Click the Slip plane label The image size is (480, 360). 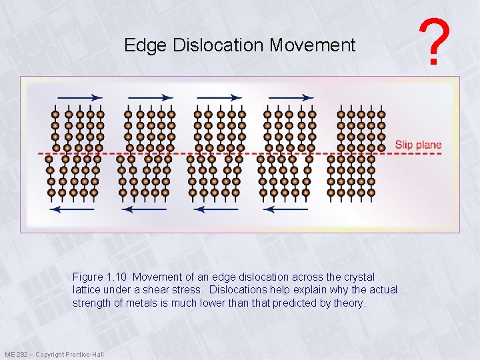click(418, 145)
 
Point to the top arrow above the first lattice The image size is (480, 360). click(76, 97)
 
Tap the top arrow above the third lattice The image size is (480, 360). click(219, 97)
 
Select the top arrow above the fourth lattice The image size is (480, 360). click(291, 97)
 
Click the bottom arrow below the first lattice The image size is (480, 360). click(73, 209)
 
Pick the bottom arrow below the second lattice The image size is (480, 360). click(144, 209)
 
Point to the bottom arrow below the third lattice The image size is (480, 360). click(215, 209)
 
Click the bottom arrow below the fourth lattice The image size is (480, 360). click(285, 209)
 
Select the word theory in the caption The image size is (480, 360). click(351, 303)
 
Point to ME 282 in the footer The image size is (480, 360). click(17, 354)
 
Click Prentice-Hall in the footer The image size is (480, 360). click(85, 354)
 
